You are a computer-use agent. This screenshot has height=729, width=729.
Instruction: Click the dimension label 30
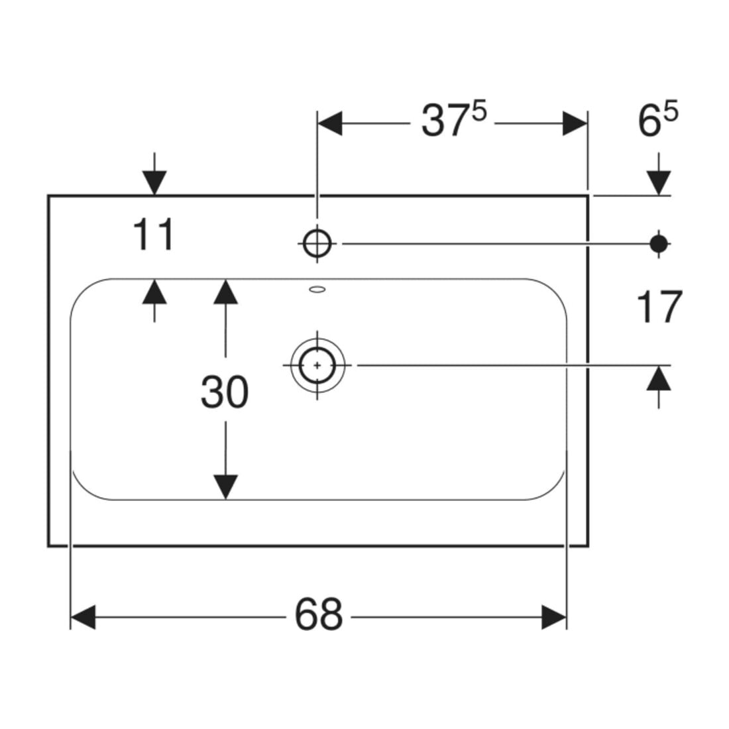[x=225, y=392]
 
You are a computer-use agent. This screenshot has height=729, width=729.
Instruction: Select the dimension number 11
[x=154, y=235]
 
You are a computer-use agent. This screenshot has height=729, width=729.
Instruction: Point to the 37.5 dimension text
[x=454, y=121]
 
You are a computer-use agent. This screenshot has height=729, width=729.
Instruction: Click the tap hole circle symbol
[x=317, y=244]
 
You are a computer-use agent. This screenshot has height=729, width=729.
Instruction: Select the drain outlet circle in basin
[x=317, y=365]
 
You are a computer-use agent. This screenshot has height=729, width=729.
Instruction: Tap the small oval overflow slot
[x=317, y=290]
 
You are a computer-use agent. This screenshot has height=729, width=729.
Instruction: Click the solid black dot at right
[x=658, y=244]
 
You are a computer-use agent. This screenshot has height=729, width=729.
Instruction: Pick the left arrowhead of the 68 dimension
[x=83, y=617]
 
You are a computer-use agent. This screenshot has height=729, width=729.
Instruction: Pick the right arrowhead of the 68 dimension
[x=554, y=617]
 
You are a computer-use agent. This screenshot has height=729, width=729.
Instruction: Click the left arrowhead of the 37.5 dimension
[x=329, y=124]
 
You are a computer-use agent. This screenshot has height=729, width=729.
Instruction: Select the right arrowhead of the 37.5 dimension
[x=575, y=124]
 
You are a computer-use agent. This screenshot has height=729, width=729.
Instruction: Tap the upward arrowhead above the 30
[x=225, y=292]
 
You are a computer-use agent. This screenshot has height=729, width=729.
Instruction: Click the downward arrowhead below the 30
[x=225, y=487]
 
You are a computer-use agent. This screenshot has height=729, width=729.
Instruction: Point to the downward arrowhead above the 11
[x=154, y=183]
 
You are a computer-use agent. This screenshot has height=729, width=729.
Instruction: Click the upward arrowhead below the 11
[x=154, y=292]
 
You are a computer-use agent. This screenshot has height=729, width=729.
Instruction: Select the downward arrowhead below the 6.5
[x=658, y=183]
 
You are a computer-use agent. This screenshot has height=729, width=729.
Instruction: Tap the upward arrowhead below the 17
[x=658, y=378]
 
